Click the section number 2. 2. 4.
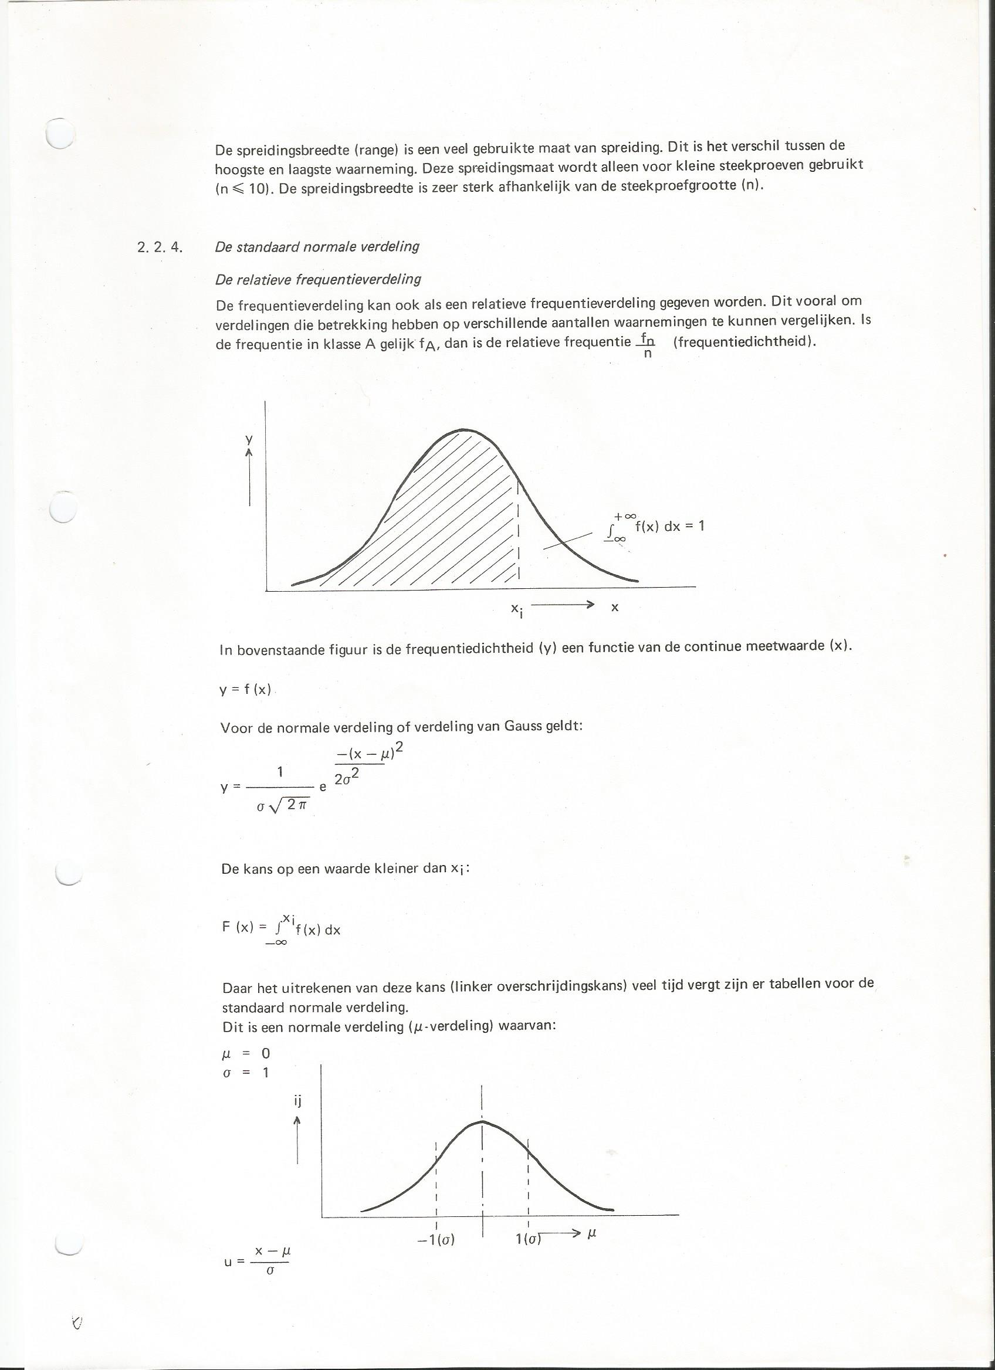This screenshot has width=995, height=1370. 160,247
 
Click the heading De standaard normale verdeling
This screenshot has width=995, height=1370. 317,246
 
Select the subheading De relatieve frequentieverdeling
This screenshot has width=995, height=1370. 319,279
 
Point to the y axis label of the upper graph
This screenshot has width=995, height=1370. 248,440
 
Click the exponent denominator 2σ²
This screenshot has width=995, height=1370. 347,779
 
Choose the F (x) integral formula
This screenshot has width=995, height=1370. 281,928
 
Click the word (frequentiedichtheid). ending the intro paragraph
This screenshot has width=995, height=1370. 744,341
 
